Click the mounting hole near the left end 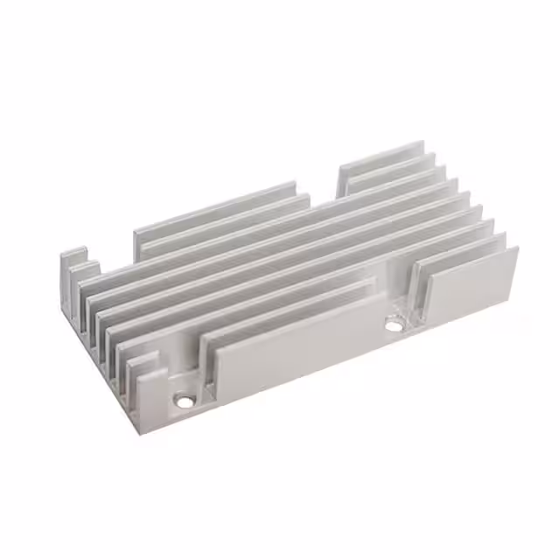184,402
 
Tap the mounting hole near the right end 394,325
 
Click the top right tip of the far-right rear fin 423,143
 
